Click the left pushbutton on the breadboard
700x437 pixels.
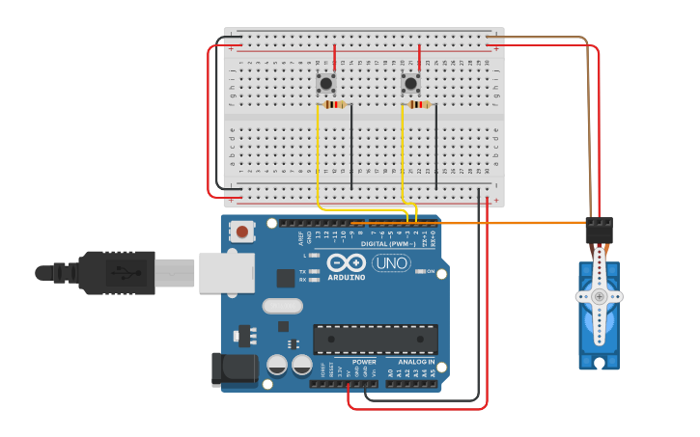[326, 84]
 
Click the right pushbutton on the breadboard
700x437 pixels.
[411, 84]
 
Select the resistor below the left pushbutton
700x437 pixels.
[334, 104]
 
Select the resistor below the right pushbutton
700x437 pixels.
[418, 104]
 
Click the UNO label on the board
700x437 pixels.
[391, 262]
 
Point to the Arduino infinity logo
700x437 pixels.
[346, 262]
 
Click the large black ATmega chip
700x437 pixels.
[375, 339]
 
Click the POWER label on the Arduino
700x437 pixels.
[364, 362]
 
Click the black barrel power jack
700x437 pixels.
[234, 368]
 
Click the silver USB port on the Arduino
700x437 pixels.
[225, 272]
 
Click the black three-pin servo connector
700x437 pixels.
[599, 230]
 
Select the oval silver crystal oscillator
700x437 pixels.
[282, 307]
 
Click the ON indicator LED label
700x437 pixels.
[431, 272]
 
